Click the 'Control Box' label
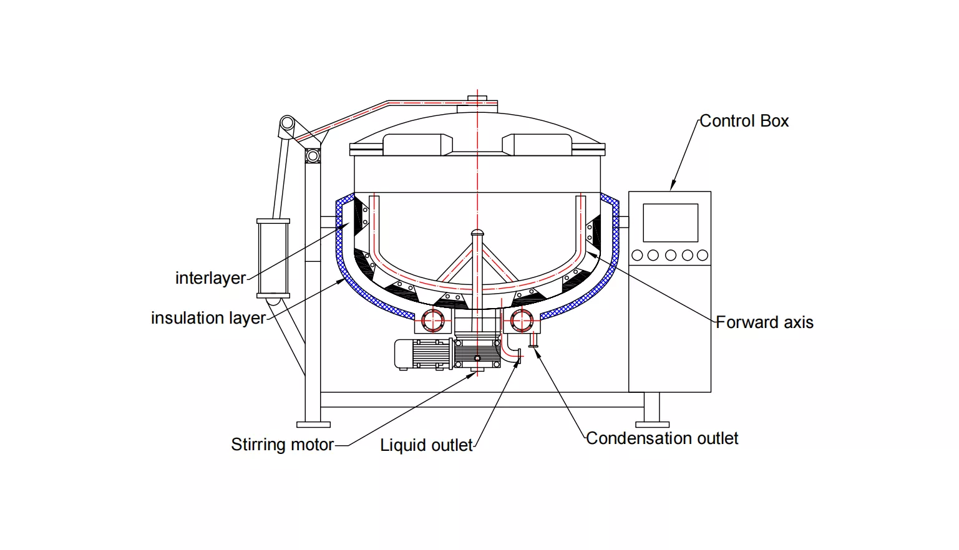(744, 121)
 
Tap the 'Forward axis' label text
(764, 322)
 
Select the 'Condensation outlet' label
(662, 438)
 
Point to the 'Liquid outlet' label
(426, 445)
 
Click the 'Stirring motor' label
(282, 445)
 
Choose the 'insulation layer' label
(208, 318)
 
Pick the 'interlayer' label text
(210, 278)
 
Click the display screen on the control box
(670, 223)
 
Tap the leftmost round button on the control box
(637, 255)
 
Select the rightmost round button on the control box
(703, 255)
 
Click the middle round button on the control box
(671, 255)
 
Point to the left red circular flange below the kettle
(432, 321)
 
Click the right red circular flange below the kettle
(522, 321)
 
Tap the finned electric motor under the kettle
(424, 354)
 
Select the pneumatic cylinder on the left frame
(273, 258)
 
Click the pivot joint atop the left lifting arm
(287, 122)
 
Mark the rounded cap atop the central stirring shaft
(477, 233)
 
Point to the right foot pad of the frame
(652, 425)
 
